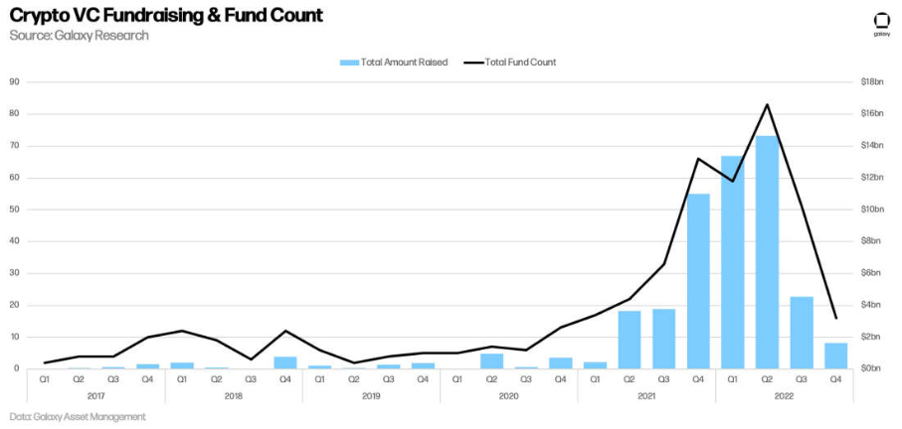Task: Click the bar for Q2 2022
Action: pos(767,252)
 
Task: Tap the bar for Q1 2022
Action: pos(733,262)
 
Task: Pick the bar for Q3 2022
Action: pos(802,333)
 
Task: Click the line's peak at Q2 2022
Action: pos(767,104)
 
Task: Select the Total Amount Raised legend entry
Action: pos(394,62)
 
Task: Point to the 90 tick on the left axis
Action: pos(15,81)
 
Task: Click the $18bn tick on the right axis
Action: pos(872,81)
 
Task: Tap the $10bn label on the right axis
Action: pos(872,210)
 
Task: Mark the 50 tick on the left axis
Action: pos(15,210)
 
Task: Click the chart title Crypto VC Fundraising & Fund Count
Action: pos(166,16)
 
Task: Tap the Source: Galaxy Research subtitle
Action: pos(80,36)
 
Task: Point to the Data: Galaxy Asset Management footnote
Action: pos(79,416)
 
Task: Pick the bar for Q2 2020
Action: pos(492,360)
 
